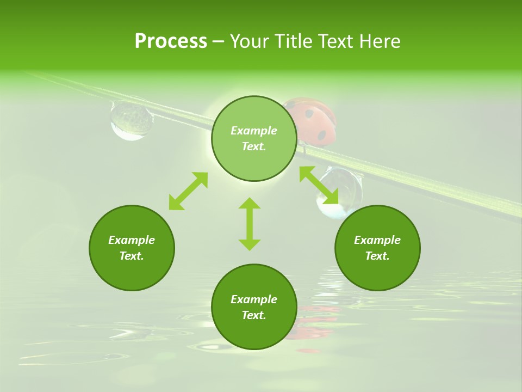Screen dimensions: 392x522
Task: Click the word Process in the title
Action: coord(171,41)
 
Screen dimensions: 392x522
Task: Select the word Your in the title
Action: coord(250,41)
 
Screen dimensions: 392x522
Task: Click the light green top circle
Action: coord(254,138)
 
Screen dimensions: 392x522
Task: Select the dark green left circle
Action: coord(132,248)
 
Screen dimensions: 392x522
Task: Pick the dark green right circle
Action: coord(377,248)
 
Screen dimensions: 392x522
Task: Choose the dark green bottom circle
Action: coord(254,307)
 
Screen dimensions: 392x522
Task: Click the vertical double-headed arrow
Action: coord(250,224)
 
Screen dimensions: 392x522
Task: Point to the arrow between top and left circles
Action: coord(188,191)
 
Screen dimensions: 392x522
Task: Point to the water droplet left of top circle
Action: coord(131,120)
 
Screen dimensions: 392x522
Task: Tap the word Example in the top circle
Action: coord(254,131)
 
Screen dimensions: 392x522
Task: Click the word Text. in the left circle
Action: coord(132,256)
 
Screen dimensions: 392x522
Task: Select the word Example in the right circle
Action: coord(377,240)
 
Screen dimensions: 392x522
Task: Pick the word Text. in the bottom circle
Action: coord(254,315)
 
